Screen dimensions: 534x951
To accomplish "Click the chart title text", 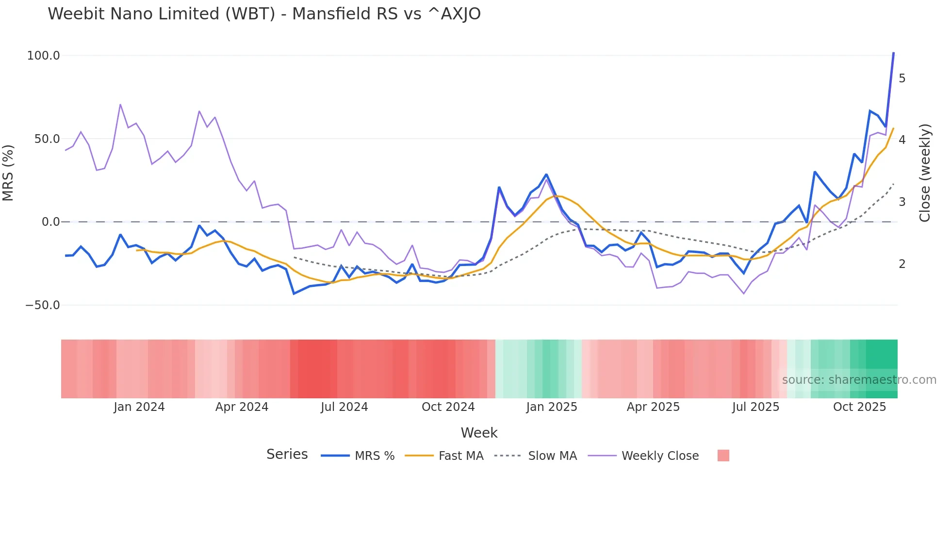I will (264, 14).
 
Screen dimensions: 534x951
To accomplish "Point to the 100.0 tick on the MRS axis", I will (44, 56).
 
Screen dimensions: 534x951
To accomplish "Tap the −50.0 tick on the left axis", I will (43, 305).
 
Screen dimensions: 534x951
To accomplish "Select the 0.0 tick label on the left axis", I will (50, 222).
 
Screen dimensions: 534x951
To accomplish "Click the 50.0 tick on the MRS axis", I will (47, 139).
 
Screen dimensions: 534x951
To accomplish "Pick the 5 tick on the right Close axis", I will (902, 79).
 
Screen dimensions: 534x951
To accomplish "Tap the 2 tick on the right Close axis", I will (902, 264).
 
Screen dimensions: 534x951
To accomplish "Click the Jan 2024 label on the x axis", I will (139, 407).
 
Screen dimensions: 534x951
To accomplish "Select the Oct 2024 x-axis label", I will (448, 407).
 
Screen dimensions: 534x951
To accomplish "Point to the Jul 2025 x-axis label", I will (755, 407).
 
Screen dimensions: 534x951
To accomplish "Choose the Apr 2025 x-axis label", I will (653, 407).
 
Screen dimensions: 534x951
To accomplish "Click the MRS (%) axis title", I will (8, 173).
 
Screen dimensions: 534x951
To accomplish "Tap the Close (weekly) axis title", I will (925, 173).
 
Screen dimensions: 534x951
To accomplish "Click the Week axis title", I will (479, 433).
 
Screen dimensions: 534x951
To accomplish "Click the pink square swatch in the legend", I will (723, 456).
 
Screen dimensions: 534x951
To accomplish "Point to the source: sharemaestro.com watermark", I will (859, 380).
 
